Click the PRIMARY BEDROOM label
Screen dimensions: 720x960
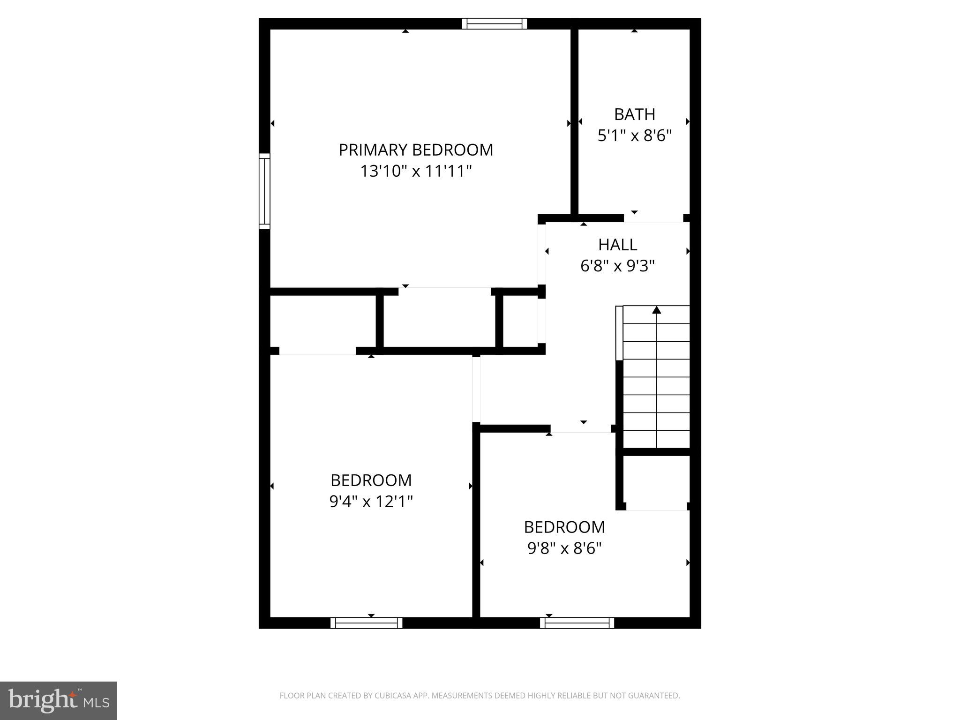(x=416, y=150)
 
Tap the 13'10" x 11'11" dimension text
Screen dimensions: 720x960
(x=416, y=171)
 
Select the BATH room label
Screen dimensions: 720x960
(x=635, y=114)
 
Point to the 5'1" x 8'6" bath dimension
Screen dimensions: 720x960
(x=635, y=136)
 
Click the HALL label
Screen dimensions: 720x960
(x=618, y=245)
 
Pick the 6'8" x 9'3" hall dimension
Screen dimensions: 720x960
(x=618, y=266)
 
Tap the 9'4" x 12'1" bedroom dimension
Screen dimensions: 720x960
(x=371, y=502)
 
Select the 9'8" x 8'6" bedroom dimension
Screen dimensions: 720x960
(x=564, y=548)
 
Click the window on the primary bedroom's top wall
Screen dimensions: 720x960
(x=495, y=23)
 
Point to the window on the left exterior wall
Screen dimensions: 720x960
(x=265, y=191)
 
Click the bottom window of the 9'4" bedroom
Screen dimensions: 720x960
(x=367, y=623)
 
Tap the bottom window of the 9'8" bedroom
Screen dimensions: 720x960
(x=577, y=623)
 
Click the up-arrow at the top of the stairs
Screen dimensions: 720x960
(x=657, y=310)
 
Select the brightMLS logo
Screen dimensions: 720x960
(x=59, y=701)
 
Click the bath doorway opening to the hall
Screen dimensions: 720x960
(x=653, y=218)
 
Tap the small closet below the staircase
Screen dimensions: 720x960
(x=656, y=482)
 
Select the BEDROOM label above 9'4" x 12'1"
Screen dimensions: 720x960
(x=371, y=480)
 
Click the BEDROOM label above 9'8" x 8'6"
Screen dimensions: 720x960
(x=564, y=527)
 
